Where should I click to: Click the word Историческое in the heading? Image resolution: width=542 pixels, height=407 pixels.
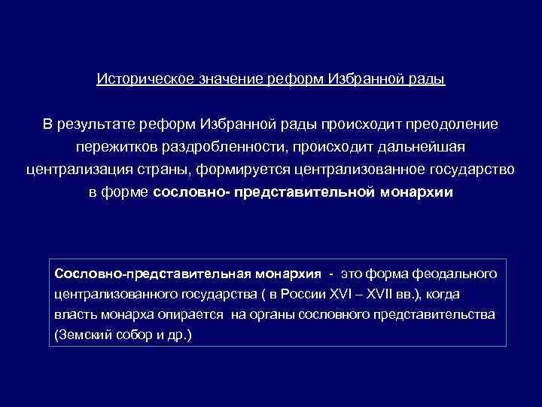(x=142, y=78)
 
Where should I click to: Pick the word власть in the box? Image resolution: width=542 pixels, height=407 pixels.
(x=73, y=314)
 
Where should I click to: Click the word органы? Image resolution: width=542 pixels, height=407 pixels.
(x=252, y=314)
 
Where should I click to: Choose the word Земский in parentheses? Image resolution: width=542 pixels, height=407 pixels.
(x=87, y=334)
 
